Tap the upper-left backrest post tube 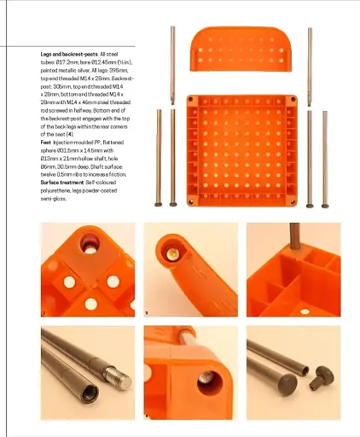173,64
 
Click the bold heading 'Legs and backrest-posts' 69,54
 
